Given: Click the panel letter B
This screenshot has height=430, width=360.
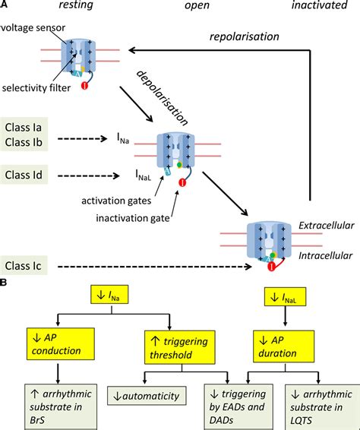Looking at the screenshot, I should tap(7, 281).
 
